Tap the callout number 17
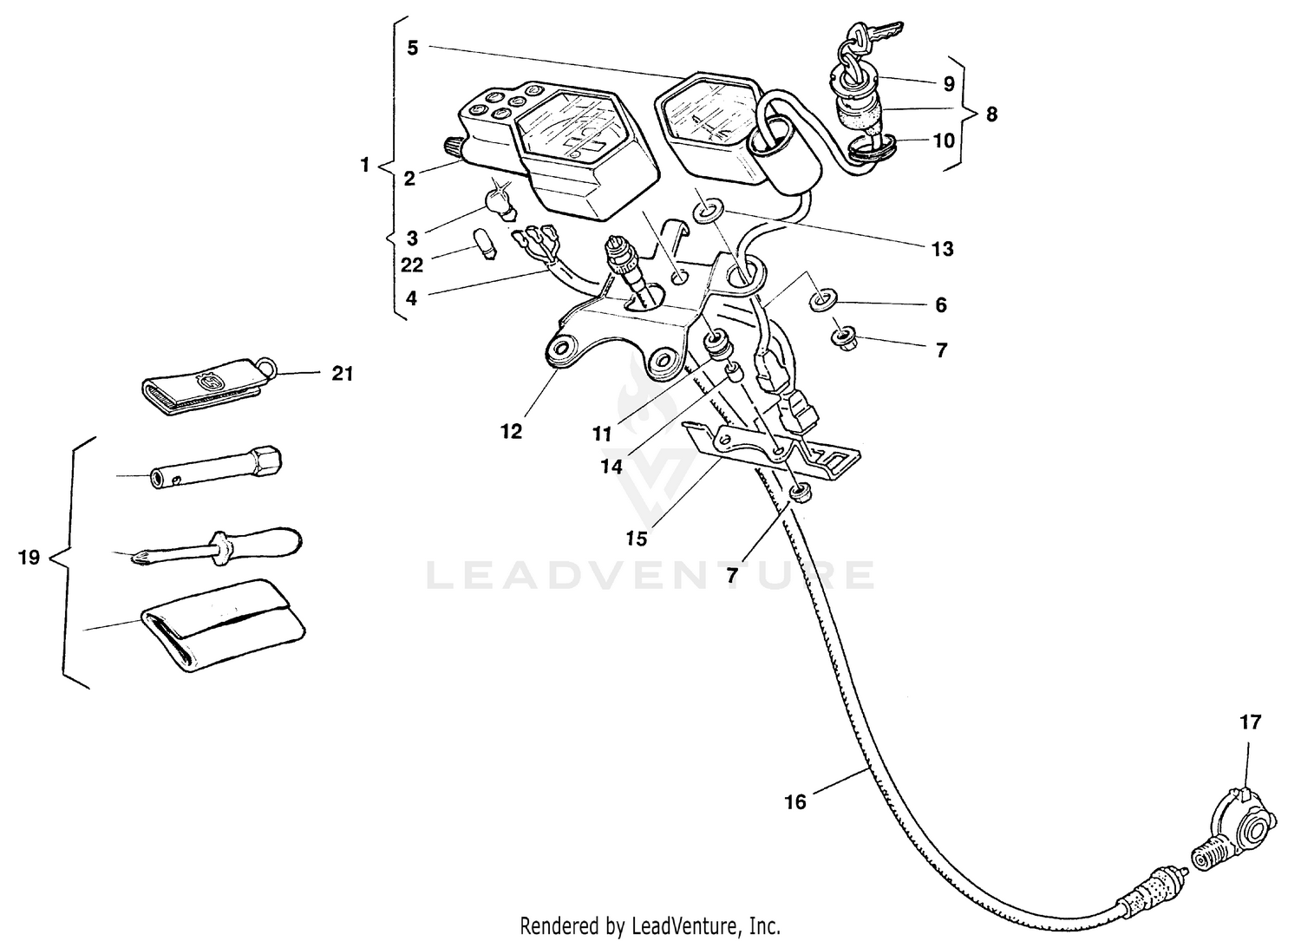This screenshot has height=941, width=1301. [x=1250, y=722]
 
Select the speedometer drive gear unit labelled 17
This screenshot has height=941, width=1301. [x=1246, y=824]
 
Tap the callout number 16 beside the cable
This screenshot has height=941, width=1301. [x=795, y=802]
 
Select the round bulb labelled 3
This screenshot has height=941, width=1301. [x=500, y=201]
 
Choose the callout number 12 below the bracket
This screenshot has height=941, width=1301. [x=511, y=431]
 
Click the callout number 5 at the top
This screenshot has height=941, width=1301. [x=413, y=48]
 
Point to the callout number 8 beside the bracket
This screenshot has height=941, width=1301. [x=991, y=114]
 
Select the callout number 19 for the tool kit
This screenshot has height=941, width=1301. [x=29, y=557]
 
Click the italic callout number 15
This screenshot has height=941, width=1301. [x=637, y=539]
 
